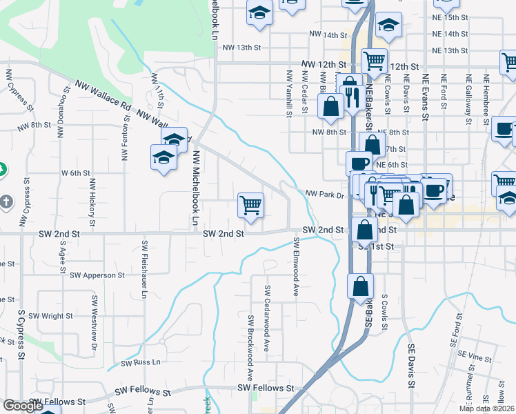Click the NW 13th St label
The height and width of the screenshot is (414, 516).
point(242,48)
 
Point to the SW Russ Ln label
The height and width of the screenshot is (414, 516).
point(140,362)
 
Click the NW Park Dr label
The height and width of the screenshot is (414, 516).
point(324,195)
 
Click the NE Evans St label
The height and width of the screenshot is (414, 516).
point(426,96)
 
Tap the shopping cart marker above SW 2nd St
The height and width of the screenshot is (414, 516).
point(250,204)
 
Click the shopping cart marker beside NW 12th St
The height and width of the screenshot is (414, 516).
point(373,61)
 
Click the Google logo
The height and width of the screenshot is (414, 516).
point(23,406)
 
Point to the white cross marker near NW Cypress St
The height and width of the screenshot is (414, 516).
point(6,202)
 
